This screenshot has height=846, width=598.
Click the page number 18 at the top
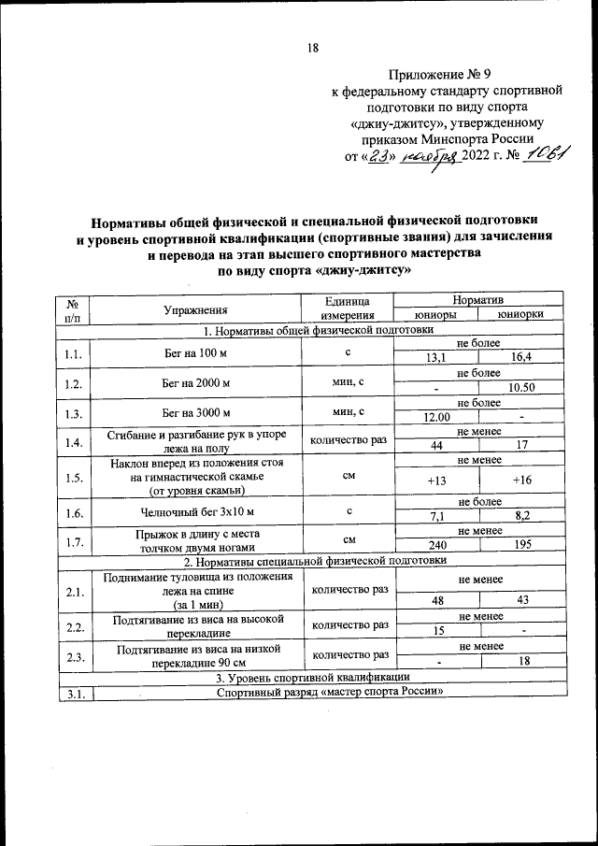pyautogui.click(x=313, y=50)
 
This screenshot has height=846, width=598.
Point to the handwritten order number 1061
pyautogui.click(x=548, y=155)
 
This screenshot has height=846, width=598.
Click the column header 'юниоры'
pyautogui.click(x=434, y=315)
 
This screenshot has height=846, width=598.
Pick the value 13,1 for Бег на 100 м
pyautogui.click(x=435, y=358)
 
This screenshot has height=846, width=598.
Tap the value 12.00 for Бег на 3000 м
pyautogui.click(x=435, y=417)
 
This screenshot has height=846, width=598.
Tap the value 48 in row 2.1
pyautogui.click(x=435, y=601)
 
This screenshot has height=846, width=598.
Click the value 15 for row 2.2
pyautogui.click(x=435, y=631)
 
